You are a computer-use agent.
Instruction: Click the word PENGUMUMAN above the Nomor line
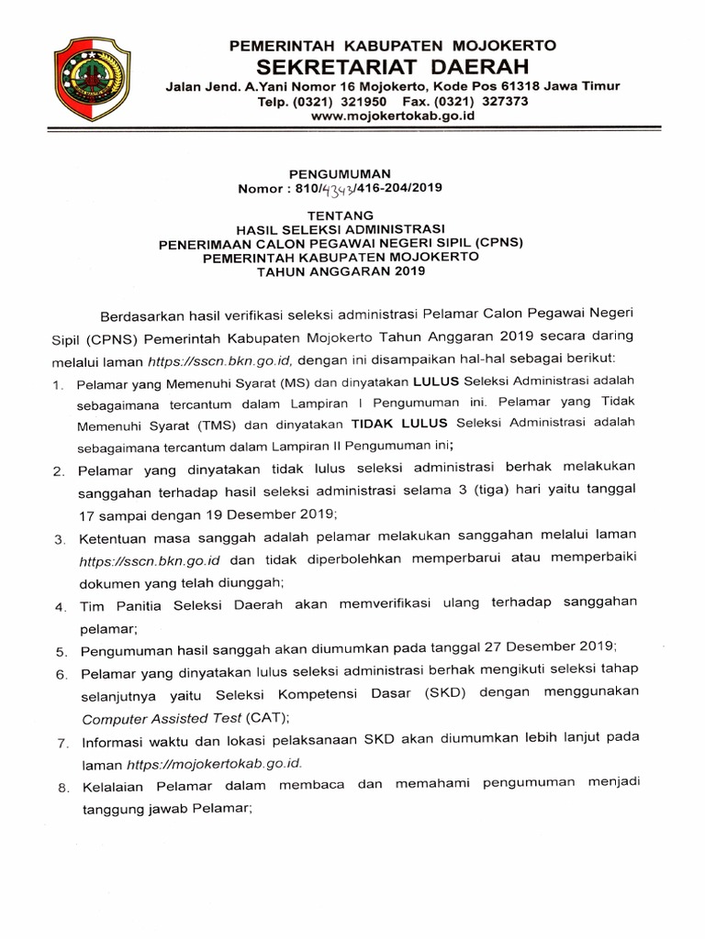[x=341, y=172]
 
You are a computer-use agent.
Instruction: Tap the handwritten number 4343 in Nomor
[x=338, y=188]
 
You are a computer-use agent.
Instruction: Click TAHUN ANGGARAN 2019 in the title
[x=341, y=272]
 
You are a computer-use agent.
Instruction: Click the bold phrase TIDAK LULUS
[x=389, y=425]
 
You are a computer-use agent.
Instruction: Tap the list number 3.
[x=58, y=537]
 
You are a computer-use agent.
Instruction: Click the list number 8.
[x=58, y=786]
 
